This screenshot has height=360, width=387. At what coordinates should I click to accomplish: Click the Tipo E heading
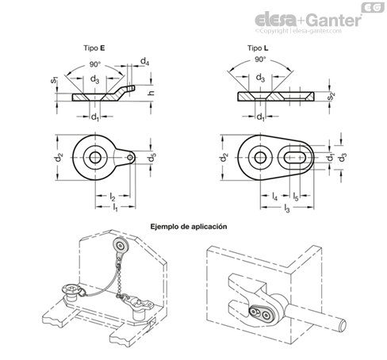point(94,48)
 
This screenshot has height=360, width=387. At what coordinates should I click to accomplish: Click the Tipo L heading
point(258,48)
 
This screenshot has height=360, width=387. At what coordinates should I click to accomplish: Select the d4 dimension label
point(144,62)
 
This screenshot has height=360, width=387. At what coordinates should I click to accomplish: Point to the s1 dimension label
point(54,79)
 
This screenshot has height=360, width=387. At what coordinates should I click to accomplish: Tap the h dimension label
point(151,93)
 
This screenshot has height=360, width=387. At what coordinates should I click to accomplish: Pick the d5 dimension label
point(151,157)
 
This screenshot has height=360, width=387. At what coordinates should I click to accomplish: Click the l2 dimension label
point(113,197)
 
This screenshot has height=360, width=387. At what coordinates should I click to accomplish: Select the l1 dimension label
point(115,207)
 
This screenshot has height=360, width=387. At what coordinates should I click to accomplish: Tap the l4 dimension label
point(275,197)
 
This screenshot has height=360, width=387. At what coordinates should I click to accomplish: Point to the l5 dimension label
point(296,197)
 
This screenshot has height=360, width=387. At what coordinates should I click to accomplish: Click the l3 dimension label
point(287,209)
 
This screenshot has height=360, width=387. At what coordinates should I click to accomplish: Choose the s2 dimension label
point(331,96)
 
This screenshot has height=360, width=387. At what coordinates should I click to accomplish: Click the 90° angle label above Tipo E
point(95,64)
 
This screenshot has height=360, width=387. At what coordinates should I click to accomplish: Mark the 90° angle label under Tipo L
point(260,59)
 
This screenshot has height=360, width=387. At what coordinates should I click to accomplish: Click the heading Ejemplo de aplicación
point(189,227)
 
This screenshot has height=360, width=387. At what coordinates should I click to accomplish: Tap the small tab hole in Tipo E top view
point(130,158)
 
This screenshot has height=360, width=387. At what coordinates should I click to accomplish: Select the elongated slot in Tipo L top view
point(295,158)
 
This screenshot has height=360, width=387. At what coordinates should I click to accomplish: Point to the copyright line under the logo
point(298,31)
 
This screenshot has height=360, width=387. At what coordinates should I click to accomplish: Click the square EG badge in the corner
point(373,7)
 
